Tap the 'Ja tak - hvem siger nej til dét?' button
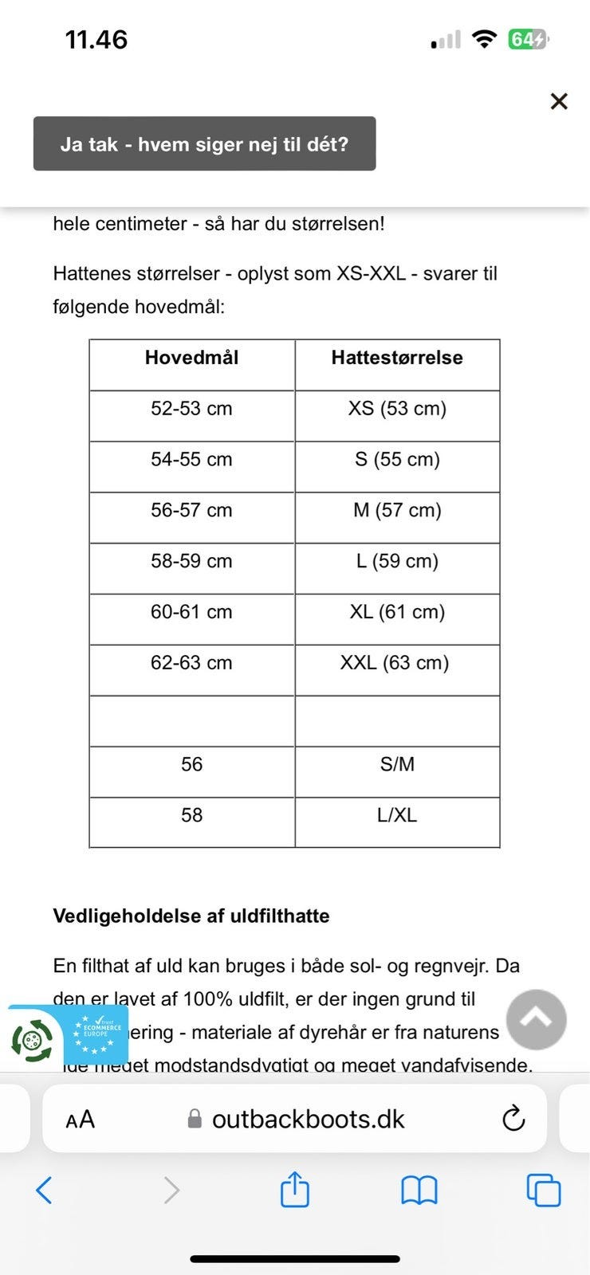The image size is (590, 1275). (204, 144)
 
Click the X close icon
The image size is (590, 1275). (559, 101)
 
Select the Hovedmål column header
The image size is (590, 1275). (191, 358)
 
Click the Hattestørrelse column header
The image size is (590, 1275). (397, 358)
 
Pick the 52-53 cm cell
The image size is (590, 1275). (191, 409)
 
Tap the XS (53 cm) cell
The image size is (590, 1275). (397, 409)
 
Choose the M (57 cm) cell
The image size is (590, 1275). (397, 511)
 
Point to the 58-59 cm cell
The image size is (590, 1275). (191, 562)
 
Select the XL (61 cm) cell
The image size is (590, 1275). (397, 613)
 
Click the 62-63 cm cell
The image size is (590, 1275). (191, 663)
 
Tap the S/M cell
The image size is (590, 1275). (397, 765)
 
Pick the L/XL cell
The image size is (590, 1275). (397, 815)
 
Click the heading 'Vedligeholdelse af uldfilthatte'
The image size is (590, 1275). (191, 916)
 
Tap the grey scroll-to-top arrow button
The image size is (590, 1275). (537, 1019)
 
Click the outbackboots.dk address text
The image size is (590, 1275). (308, 1120)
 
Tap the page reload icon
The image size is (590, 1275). (513, 1119)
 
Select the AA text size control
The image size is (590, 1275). (80, 1120)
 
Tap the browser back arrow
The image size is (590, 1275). (45, 1191)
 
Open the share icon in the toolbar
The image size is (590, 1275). (295, 1190)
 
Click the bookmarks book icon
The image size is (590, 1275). (419, 1191)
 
